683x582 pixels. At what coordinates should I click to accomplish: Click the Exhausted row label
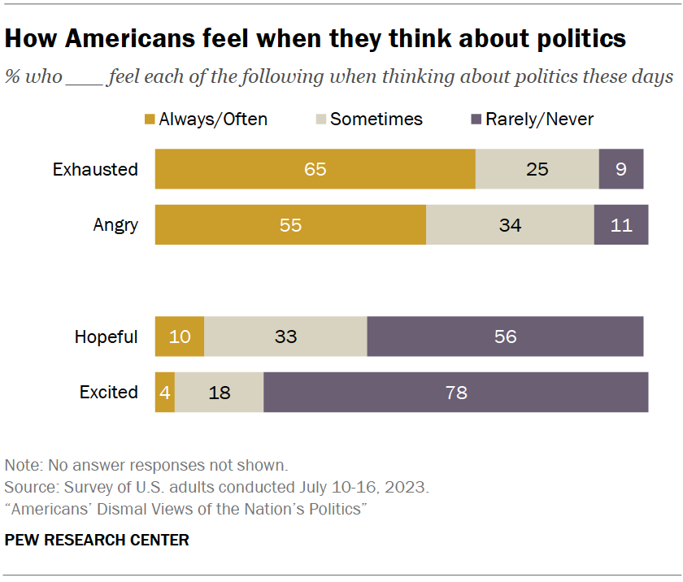click(x=95, y=170)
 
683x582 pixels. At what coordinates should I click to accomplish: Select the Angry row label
click(x=115, y=225)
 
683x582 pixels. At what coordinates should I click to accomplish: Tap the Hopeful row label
click(x=107, y=337)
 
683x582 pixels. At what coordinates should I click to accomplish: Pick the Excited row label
click(x=109, y=392)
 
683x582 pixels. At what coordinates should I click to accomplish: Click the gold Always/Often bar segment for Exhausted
click(x=315, y=170)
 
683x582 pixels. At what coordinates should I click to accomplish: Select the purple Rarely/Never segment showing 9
click(x=621, y=170)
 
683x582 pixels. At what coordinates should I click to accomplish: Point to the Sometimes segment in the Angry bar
click(x=510, y=225)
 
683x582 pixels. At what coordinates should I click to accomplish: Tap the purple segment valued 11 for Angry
click(x=621, y=225)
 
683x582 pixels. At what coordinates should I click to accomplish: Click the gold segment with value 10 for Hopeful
click(x=180, y=337)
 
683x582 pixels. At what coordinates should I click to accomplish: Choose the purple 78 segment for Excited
click(x=456, y=392)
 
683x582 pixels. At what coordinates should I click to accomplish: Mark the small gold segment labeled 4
click(x=165, y=392)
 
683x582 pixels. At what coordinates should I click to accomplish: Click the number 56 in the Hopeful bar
click(x=506, y=337)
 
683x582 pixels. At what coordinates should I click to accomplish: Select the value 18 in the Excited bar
click(x=220, y=392)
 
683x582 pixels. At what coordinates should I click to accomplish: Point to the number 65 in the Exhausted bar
click(x=315, y=170)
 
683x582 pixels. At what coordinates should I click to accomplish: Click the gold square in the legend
click(x=150, y=119)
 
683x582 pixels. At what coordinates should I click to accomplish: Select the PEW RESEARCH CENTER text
click(x=97, y=540)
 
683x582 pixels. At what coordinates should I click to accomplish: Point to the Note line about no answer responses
click(x=146, y=466)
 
